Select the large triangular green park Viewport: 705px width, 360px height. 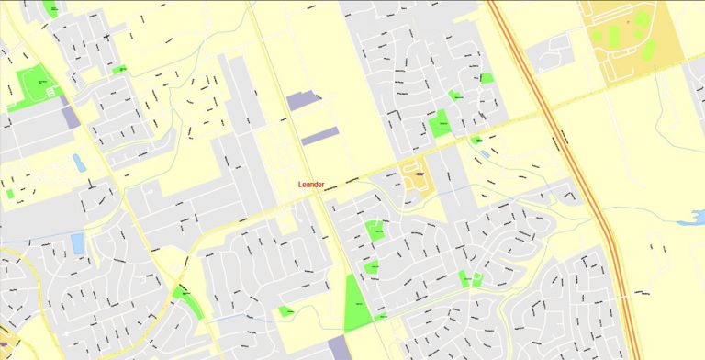(x=356, y=304)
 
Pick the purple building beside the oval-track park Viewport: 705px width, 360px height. (x=71, y=118)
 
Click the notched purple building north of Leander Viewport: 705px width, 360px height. (x=303, y=101)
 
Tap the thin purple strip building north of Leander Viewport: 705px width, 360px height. (x=321, y=136)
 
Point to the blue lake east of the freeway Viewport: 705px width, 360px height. (x=689, y=218)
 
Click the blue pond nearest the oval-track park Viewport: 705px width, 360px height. (x=78, y=163)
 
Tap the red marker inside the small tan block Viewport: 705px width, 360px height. (x=419, y=172)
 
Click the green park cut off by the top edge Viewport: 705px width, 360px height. (x=50, y=7)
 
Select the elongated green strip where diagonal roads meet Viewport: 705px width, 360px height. (x=186, y=300)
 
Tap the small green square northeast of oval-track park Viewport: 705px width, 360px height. (x=118, y=70)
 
